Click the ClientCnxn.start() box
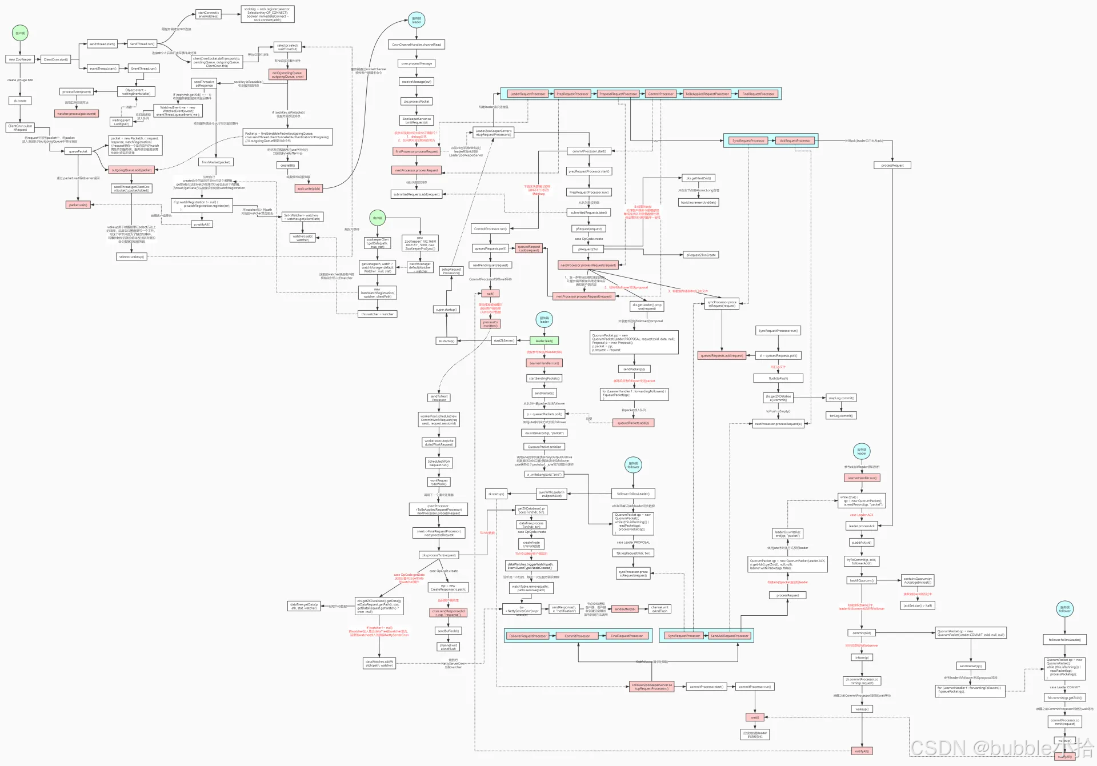coord(56,59)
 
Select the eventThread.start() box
coord(103,69)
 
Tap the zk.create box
coord(20,101)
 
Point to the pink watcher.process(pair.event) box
coord(77,114)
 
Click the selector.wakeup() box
coord(131,257)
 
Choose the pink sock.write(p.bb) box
coord(309,189)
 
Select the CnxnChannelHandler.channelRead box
coord(417,45)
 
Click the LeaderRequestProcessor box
coord(527,94)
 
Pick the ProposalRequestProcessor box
coord(618,94)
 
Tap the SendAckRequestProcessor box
coord(729,636)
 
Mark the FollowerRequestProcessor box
coord(528,636)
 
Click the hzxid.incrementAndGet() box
coord(698,203)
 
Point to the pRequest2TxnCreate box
coord(701,255)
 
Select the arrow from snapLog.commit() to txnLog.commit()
coord(842,407)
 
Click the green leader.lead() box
coord(544,341)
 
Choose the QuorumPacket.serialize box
coord(544,447)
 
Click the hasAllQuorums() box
coord(862,580)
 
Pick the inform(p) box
coord(862,657)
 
